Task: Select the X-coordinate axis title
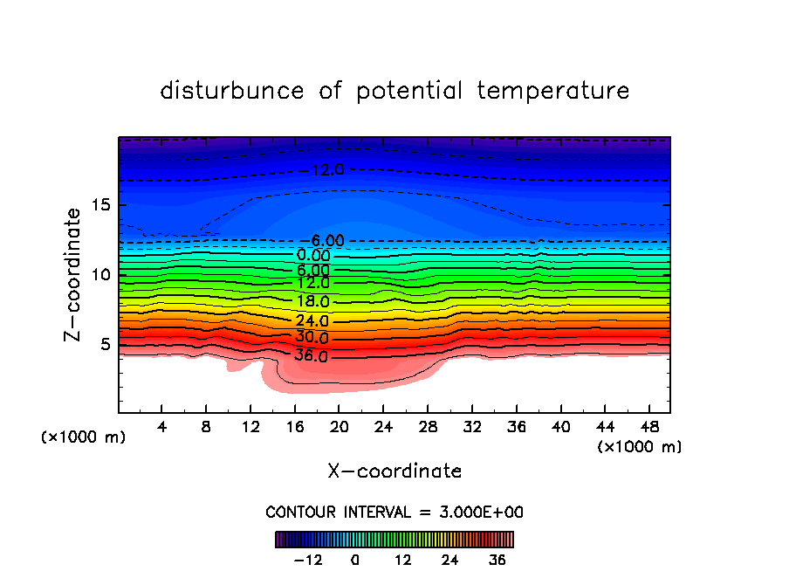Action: coord(394,471)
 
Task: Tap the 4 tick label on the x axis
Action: coord(162,427)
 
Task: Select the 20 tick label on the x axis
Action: coord(339,427)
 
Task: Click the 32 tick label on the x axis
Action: coord(471,427)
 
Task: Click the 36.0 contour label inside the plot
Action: coord(312,356)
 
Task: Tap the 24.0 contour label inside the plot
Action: coord(312,320)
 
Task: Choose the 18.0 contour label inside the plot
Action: coord(312,301)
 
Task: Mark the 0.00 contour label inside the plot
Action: coord(313,256)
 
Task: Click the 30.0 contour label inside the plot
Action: coord(312,338)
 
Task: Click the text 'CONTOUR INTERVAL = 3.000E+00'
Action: coord(394,512)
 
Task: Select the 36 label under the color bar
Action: coord(497,560)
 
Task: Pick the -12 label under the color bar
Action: coord(307,560)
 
